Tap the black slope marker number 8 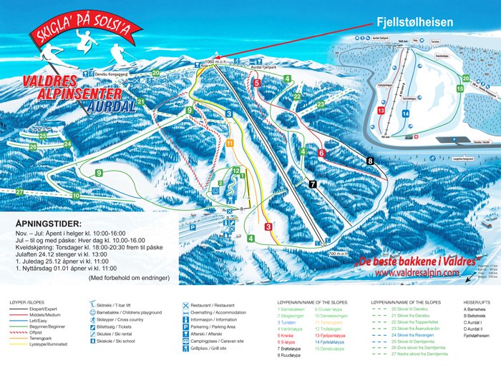pos(370,161)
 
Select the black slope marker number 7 pos(313,184)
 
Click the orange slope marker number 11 pos(229,143)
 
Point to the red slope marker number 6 pos(322,153)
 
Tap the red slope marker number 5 pos(256,83)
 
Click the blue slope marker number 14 pos(405,113)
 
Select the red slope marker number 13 pos(381,111)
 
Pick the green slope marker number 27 pos(19,193)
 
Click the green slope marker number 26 pos(33,146)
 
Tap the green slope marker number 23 pos(321,104)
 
